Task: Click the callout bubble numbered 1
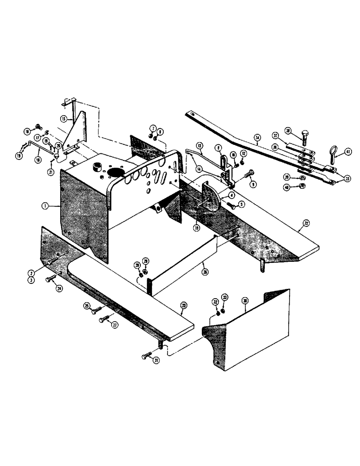coord(44,206)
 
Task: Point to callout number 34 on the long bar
coord(257,137)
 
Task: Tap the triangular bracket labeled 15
coord(76,130)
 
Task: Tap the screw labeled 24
coord(50,280)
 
